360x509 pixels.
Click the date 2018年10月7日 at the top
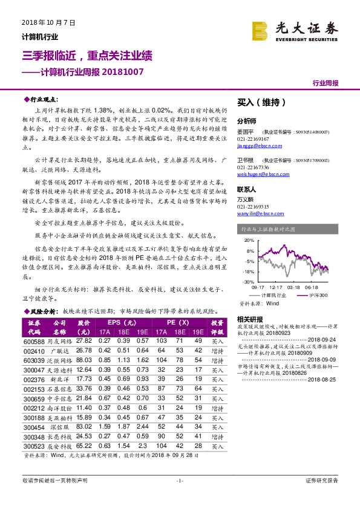[43, 22]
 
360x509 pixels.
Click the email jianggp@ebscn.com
[257, 147]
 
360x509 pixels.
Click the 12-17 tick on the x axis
[276, 288]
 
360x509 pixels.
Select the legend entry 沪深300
[319, 294]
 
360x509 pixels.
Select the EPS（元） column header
[123, 323]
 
